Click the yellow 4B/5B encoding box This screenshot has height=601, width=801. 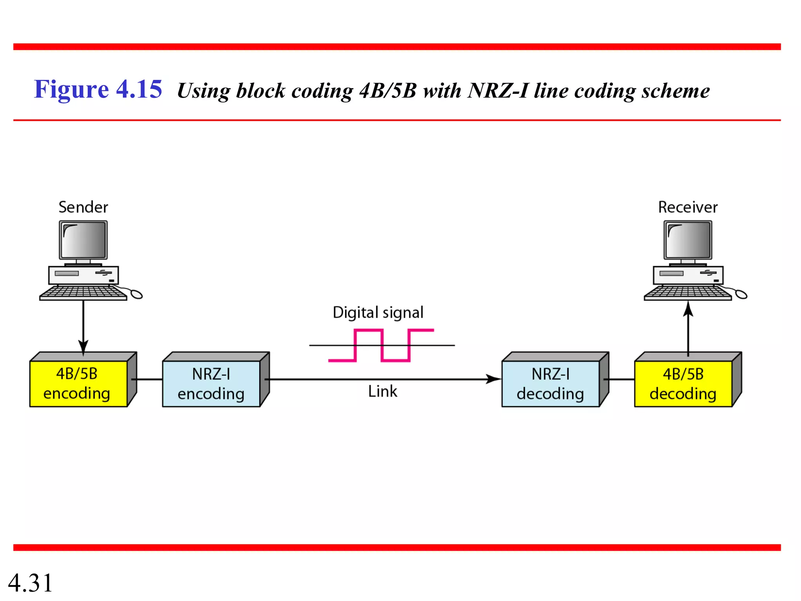pos(78,383)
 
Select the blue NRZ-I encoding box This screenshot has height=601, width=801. pos(211,384)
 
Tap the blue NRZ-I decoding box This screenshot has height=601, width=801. pos(550,384)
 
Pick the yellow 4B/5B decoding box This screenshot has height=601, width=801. pos(683,384)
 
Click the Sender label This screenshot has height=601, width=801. pos(83,207)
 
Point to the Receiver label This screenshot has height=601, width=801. pos(688,207)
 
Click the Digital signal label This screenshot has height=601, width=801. pos(378,313)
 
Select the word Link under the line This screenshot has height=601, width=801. pos(383,391)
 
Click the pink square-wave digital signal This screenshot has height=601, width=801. pos(382,345)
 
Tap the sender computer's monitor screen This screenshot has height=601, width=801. pos(83,239)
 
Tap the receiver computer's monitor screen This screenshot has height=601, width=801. pos(688,239)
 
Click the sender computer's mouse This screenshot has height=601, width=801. pos(136,294)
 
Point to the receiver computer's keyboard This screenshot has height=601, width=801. pos(688,293)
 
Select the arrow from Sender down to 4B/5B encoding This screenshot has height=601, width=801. pos(83,325)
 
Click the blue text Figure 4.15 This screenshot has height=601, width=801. pos(98,89)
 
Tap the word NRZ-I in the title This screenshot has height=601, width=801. pos(498,91)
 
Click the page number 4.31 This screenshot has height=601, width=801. pos(31,583)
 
